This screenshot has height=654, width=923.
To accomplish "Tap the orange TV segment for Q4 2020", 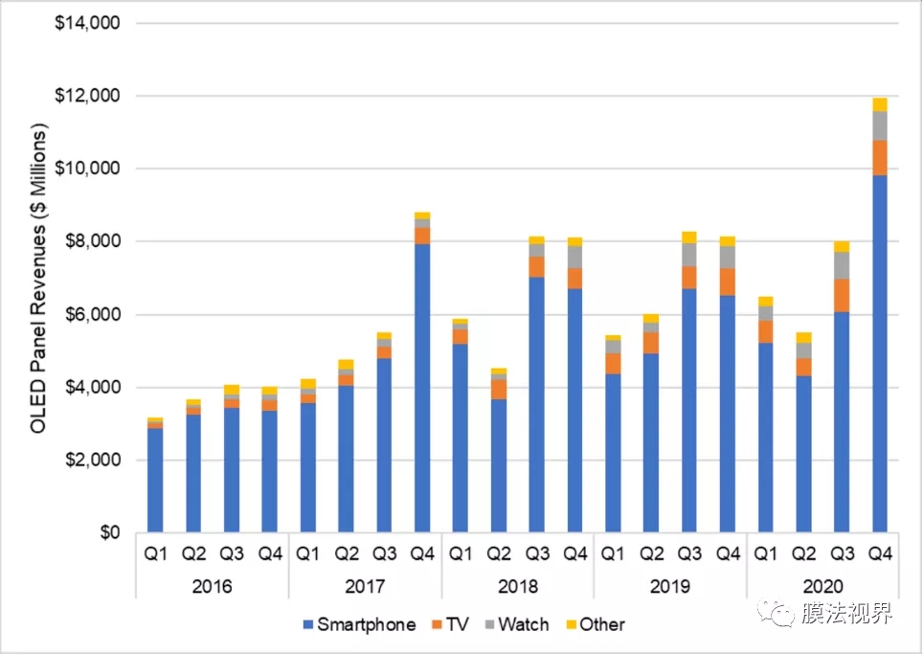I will point(879,158).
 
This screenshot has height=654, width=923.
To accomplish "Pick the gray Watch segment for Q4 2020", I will point(879,125).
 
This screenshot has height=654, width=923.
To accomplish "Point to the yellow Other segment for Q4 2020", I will point(879,104).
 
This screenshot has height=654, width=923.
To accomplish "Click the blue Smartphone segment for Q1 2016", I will point(154,479).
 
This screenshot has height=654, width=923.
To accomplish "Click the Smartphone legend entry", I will point(358,624).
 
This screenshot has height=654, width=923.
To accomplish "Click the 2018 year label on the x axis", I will point(517,586).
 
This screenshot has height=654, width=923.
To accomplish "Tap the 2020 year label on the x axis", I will point(822,586).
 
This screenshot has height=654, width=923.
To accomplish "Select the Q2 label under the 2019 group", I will point(651,553).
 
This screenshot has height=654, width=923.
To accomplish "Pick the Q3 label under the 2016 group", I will point(231,553).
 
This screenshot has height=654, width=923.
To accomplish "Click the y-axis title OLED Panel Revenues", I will point(39,279).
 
